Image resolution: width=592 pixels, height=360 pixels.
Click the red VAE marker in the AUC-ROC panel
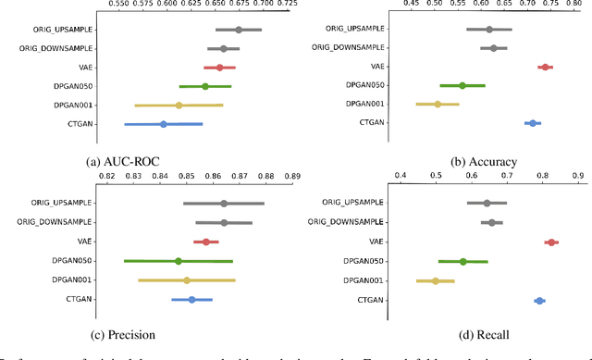tap(219, 68)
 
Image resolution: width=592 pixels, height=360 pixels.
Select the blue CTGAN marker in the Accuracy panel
tap(533, 123)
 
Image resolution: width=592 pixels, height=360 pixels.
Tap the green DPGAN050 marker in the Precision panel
tap(179, 261)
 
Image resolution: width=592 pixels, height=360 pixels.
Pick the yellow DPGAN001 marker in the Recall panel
tap(436, 280)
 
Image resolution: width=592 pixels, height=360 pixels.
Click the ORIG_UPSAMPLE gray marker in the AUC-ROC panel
tap(239, 30)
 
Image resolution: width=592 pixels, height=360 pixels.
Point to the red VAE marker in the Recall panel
tap(551, 242)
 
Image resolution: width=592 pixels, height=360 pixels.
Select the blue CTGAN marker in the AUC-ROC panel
tap(164, 124)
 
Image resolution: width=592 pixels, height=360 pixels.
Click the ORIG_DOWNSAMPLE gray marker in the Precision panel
tap(224, 222)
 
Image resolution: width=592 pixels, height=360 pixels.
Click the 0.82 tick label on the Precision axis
tap(107, 175)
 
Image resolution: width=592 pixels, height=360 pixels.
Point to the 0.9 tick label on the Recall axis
tap(576, 175)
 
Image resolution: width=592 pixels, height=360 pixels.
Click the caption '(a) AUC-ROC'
tap(124, 161)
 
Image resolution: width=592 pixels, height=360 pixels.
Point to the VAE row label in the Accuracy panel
tap(377, 67)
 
